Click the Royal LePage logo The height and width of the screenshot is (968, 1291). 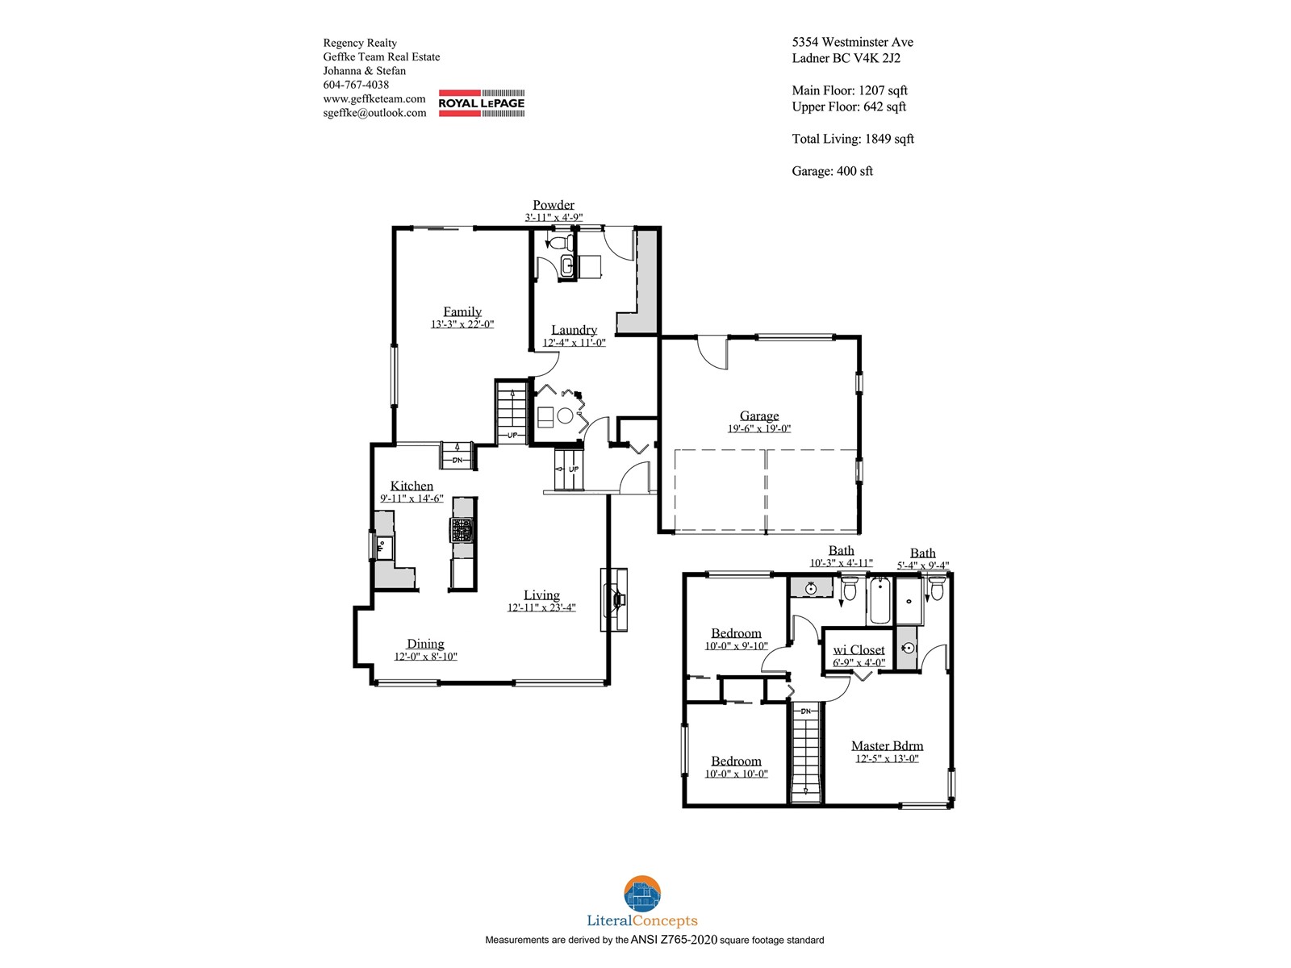481,103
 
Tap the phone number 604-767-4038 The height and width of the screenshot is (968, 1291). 356,85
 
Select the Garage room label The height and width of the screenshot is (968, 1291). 758,415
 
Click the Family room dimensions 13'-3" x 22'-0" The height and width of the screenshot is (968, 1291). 462,323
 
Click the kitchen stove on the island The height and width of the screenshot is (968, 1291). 463,530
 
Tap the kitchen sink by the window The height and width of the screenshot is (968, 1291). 383,547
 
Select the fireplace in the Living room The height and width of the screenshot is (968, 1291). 613,599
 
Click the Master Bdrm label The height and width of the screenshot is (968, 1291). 887,745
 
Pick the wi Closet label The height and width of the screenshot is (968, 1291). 859,649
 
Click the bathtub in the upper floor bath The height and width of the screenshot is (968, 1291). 879,600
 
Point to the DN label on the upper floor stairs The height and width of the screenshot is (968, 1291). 806,711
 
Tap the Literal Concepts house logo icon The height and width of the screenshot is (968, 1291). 642,894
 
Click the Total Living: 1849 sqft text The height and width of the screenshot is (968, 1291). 853,139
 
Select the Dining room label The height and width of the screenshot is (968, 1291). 425,644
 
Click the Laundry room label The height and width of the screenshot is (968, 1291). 574,330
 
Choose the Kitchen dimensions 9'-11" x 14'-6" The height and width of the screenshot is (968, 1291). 412,499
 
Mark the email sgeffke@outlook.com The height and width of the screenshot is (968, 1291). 374,113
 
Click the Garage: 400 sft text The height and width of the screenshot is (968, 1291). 832,171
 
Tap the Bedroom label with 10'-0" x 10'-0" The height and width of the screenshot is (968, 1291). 736,761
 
